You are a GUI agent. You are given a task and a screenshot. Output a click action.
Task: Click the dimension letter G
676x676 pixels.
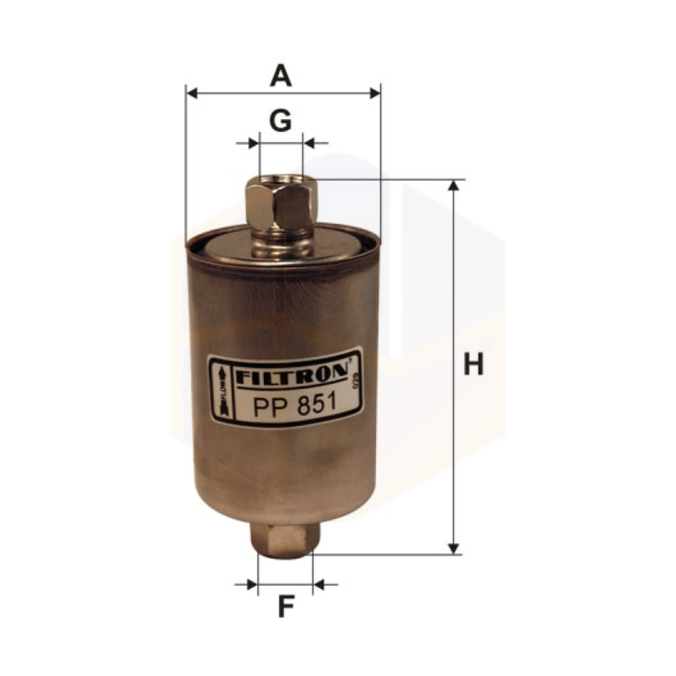tap(281, 121)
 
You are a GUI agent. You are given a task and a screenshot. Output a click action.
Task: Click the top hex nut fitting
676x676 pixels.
tap(281, 205)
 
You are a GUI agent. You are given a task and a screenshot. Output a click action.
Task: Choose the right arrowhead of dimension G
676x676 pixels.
tap(309, 143)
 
